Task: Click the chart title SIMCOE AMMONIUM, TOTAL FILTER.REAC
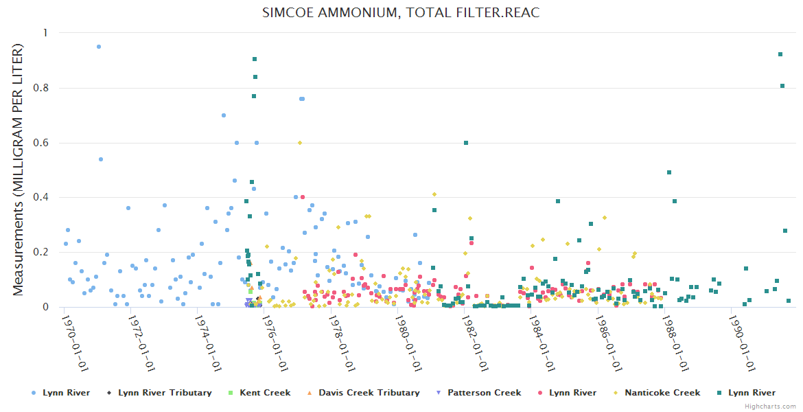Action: [x=401, y=13]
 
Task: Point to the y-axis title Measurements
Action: [x=19, y=170]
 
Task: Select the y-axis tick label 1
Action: [x=45, y=33]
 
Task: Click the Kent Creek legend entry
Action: [x=265, y=393]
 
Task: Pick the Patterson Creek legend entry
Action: [x=484, y=393]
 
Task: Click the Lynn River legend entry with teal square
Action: [x=752, y=393]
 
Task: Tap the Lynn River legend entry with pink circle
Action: [x=572, y=393]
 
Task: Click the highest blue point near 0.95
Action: [x=99, y=47]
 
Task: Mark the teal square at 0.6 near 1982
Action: [x=466, y=143]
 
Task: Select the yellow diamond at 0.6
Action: [x=300, y=143]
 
